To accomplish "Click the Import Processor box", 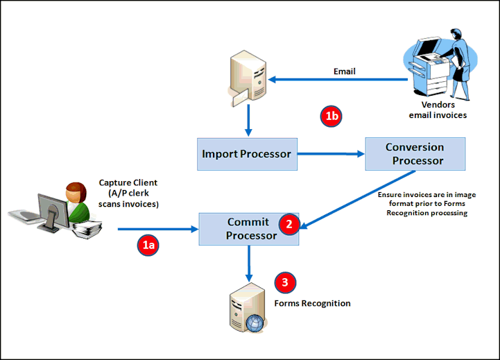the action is (x=247, y=154).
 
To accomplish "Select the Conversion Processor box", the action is (x=415, y=154).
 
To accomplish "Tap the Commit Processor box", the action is (x=249, y=229).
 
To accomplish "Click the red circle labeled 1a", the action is (x=148, y=245).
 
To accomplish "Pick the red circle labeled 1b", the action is (x=331, y=116).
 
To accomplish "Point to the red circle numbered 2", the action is (x=289, y=224).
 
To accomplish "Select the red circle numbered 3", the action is (x=285, y=282).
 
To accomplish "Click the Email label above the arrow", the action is (x=345, y=71).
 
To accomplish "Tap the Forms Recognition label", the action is (x=312, y=303).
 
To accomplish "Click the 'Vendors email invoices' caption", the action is (x=438, y=110).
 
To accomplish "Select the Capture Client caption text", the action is (x=128, y=194).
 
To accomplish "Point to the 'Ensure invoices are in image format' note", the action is (x=427, y=204).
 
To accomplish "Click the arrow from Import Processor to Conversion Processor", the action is (x=331, y=154).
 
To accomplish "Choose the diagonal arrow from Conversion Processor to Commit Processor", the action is (x=357, y=200).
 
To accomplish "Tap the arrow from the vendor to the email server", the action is (x=338, y=79).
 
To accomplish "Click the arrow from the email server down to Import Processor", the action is (x=248, y=121).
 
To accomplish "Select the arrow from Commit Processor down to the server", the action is (x=249, y=264).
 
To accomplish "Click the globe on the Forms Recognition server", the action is (x=255, y=323).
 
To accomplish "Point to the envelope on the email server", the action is (x=241, y=98).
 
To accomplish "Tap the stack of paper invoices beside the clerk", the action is (x=87, y=229).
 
